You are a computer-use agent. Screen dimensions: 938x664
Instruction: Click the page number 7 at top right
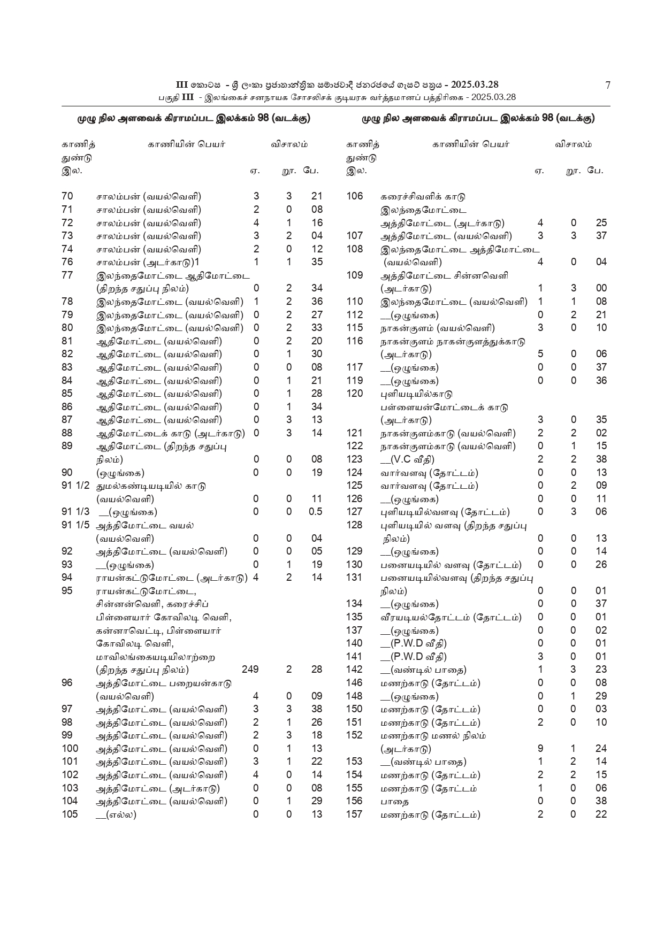point(607,85)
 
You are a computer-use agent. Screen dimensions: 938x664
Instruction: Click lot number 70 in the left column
point(67,196)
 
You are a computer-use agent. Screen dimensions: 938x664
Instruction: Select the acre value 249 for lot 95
point(250,670)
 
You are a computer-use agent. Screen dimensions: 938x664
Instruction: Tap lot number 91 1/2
point(75,486)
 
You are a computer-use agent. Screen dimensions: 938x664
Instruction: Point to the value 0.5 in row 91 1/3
point(316,512)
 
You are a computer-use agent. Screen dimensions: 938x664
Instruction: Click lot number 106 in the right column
point(354,196)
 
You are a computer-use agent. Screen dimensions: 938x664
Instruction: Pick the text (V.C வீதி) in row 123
point(408,459)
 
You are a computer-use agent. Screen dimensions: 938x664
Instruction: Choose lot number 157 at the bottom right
point(354,814)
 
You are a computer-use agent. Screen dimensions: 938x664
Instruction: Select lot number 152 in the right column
point(354,735)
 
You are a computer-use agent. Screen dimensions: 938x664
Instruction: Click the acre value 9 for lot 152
point(540,749)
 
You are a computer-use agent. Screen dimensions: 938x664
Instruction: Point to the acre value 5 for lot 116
point(540,354)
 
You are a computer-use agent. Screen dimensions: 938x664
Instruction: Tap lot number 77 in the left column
point(67,275)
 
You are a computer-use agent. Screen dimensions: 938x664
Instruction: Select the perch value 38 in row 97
point(317,709)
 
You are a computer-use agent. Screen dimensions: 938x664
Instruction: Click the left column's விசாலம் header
point(289,144)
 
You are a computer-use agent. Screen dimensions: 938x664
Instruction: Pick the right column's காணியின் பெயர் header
point(471,144)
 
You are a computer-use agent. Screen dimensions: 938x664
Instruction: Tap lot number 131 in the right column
point(354,578)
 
